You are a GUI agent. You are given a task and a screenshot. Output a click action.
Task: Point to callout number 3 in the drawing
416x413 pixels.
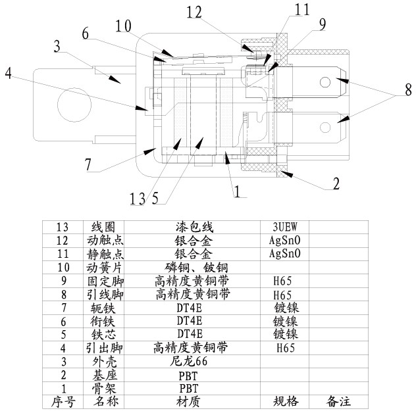tap(59, 47)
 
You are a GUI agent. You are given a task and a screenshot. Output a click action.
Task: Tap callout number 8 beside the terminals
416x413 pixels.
tap(407, 88)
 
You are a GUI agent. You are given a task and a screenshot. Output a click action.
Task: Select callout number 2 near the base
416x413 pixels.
tap(336, 183)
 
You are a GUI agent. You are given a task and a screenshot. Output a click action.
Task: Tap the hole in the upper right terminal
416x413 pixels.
tap(325, 82)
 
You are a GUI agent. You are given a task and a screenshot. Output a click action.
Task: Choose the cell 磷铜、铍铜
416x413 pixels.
tap(197, 267)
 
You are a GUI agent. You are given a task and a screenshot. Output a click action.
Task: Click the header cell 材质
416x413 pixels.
tap(188, 401)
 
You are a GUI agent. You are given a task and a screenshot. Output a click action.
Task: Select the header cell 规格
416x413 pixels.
tap(285, 401)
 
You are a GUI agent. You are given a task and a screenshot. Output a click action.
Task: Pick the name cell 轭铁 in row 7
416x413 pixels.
tap(102, 307)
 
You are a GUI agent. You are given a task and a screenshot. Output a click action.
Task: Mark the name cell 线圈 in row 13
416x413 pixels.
tap(102, 226)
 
